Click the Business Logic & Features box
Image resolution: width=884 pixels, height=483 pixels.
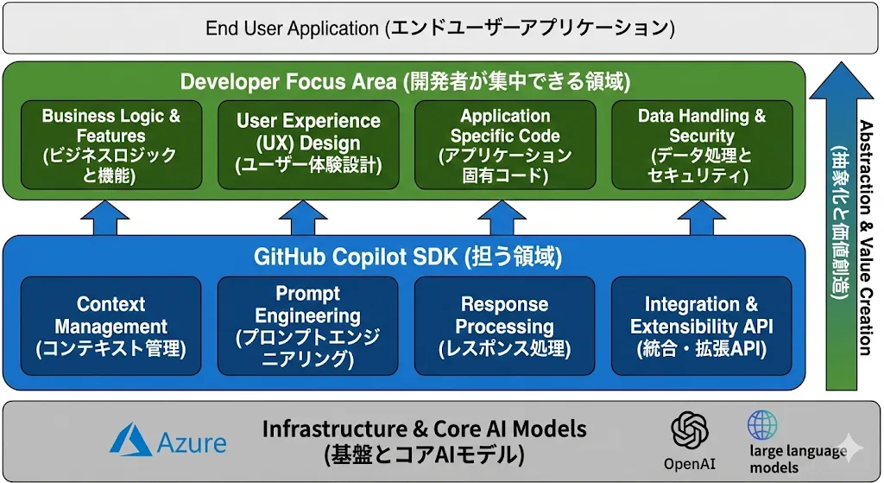[x=110, y=145]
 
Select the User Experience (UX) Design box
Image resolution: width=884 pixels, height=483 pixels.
[x=308, y=145]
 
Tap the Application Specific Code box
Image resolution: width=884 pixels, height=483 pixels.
[x=505, y=145]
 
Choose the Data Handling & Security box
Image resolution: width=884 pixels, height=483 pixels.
[x=702, y=145]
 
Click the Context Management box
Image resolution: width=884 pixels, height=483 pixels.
[x=110, y=326]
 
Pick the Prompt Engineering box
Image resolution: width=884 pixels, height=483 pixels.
[x=308, y=326]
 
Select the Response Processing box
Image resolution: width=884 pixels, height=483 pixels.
[x=505, y=326]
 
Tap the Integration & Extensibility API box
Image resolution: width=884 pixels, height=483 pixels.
[x=702, y=326]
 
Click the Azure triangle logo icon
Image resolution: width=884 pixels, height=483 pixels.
[x=130, y=440]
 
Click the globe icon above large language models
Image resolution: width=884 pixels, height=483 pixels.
[x=762, y=426]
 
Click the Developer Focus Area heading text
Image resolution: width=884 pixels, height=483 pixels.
[x=405, y=82]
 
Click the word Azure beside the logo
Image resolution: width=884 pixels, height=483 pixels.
[x=193, y=442]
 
